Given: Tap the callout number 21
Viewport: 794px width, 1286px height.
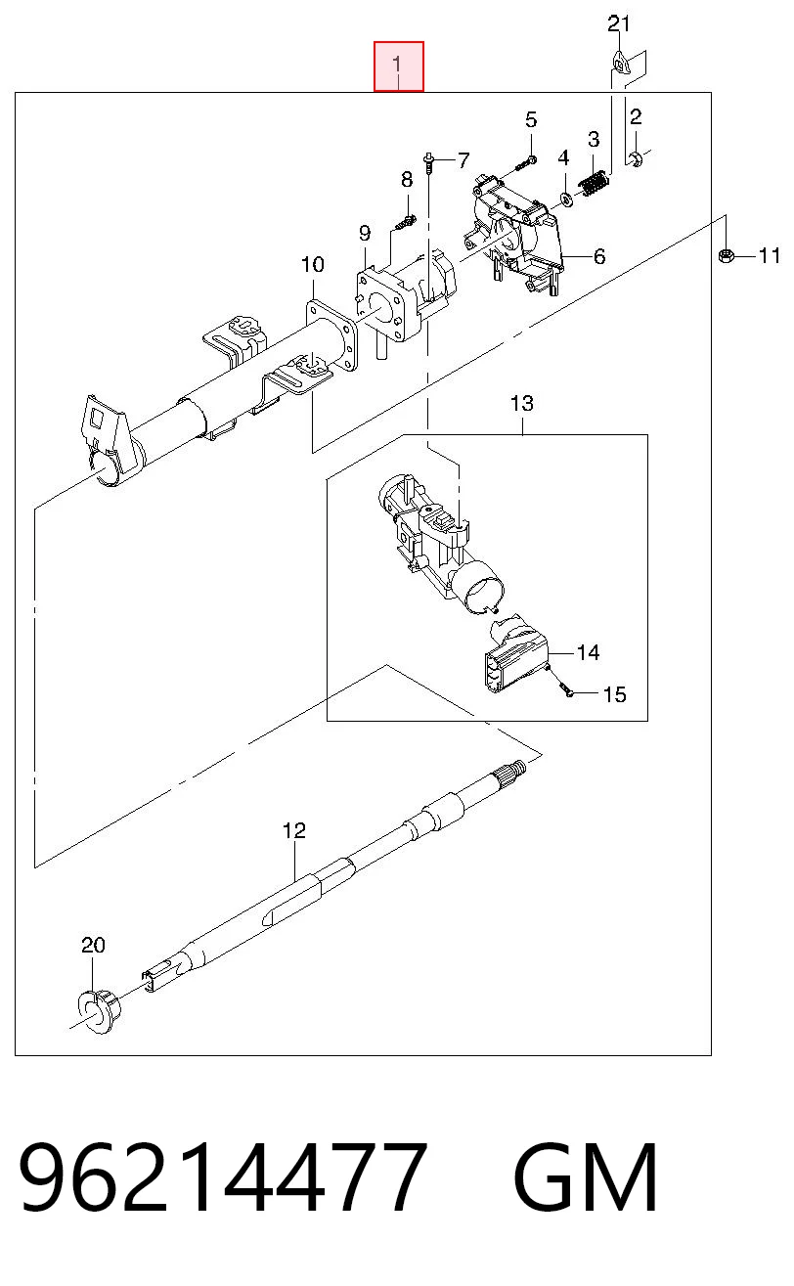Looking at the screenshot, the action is click(619, 23).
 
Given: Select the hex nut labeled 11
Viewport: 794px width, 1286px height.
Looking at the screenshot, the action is click(727, 254).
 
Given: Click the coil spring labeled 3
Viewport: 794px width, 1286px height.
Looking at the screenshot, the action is click(595, 183).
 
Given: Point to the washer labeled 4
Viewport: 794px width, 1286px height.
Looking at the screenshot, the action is click(566, 200).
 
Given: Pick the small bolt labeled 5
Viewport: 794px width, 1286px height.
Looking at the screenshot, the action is click(525, 163).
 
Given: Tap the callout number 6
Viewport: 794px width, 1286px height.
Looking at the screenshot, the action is click(599, 256).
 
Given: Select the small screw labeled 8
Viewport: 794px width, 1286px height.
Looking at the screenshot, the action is click(406, 221).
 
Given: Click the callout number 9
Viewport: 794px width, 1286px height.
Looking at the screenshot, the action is click(365, 233).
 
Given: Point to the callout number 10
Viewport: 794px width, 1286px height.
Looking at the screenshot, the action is click(313, 265).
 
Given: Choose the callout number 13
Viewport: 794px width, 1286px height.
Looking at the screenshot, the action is click(522, 404).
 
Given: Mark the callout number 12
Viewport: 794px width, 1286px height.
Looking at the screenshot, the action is click(294, 830).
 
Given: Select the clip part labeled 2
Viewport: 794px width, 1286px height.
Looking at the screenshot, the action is click(637, 158).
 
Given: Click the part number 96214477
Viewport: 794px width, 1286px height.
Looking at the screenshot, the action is click(223, 1176).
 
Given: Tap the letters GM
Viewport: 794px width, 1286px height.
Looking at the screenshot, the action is click(586, 1176).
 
